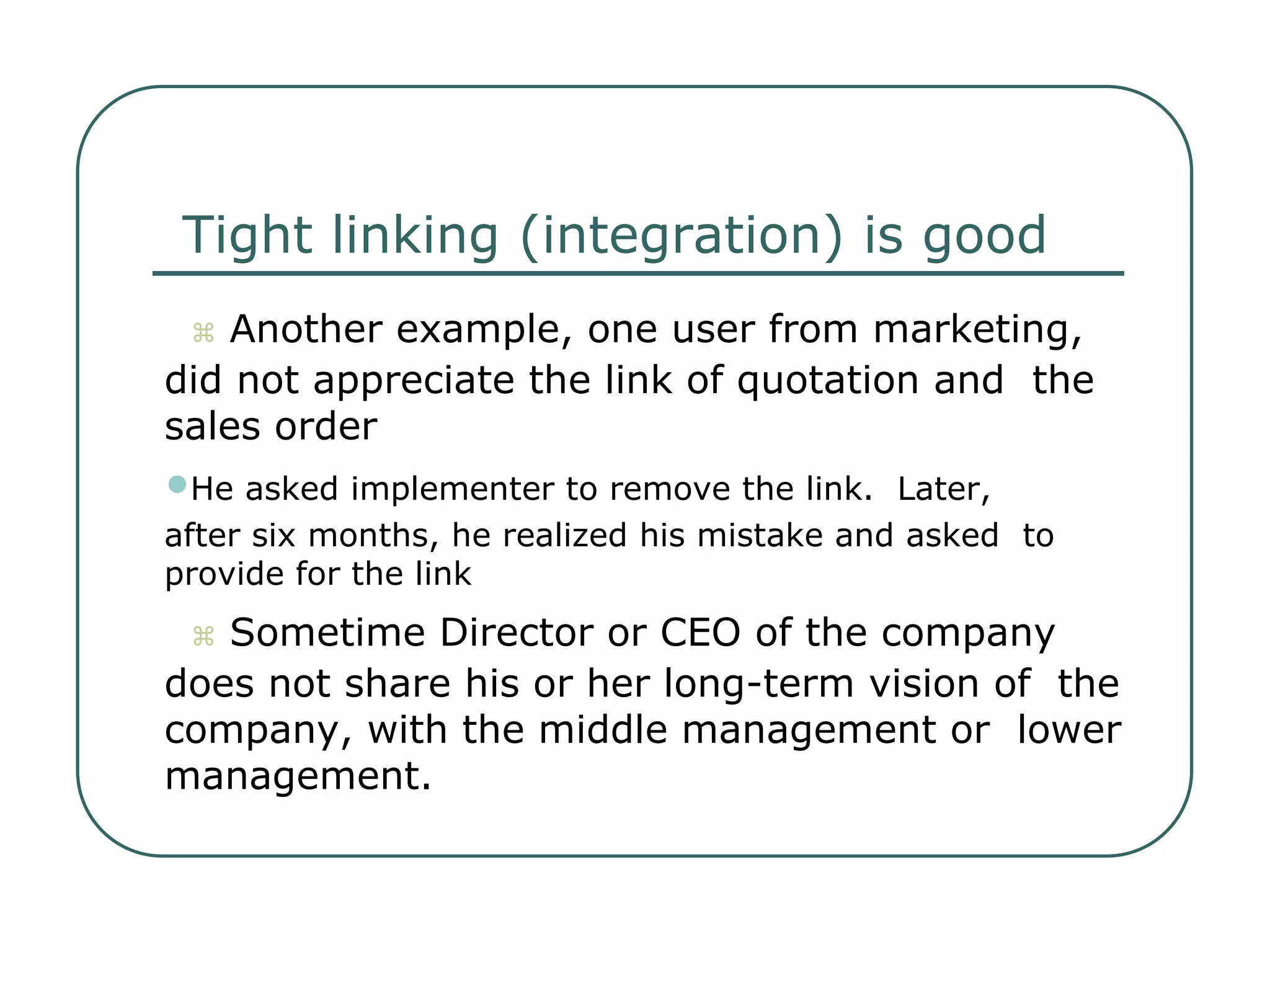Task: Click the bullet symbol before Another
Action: point(203,333)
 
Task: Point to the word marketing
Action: point(977,329)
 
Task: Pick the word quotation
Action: point(827,380)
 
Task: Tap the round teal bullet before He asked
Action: point(177,484)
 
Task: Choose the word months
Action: point(373,535)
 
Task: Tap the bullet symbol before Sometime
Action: point(203,637)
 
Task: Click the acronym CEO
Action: point(700,633)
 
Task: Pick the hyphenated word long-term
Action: point(759,684)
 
